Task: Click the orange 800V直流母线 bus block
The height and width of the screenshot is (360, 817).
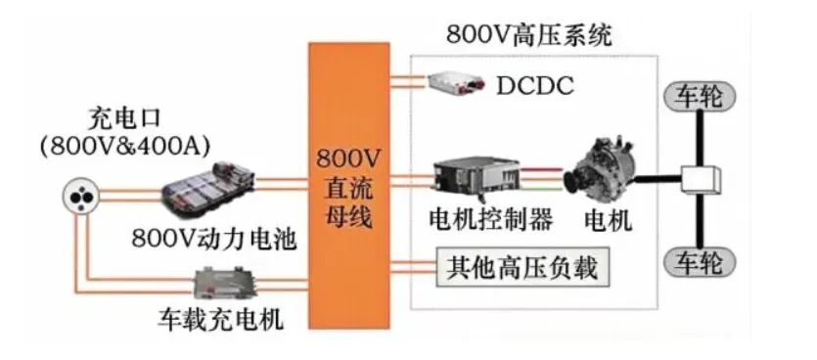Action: click(x=348, y=186)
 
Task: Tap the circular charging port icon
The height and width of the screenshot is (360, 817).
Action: click(x=81, y=198)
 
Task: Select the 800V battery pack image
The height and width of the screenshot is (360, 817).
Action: click(x=208, y=190)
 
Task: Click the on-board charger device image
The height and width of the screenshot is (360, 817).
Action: click(x=227, y=282)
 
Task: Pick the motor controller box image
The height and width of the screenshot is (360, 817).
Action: click(x=477, y=179)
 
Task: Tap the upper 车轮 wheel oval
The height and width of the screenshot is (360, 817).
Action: click(x=700, y=97)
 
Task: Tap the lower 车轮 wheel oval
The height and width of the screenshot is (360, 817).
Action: click(x=700, y=262)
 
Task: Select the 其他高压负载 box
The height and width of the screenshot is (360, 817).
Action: click(x=523, y=268)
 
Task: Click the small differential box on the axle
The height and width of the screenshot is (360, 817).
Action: click(x=701, y=181)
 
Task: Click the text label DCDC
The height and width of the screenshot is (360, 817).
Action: click(x=534, y=86)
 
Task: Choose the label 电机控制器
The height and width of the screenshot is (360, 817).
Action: click(x=491, y=220)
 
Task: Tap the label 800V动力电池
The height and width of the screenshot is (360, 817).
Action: click(x=214, y=240)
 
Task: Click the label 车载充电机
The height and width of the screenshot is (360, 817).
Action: click(x=221, y=320)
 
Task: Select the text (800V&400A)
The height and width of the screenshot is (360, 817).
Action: click(x=125, y=147)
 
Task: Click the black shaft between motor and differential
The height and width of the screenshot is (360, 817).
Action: click(x=658, y=180)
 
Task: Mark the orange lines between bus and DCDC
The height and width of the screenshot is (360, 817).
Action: click(x=409, y=82)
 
